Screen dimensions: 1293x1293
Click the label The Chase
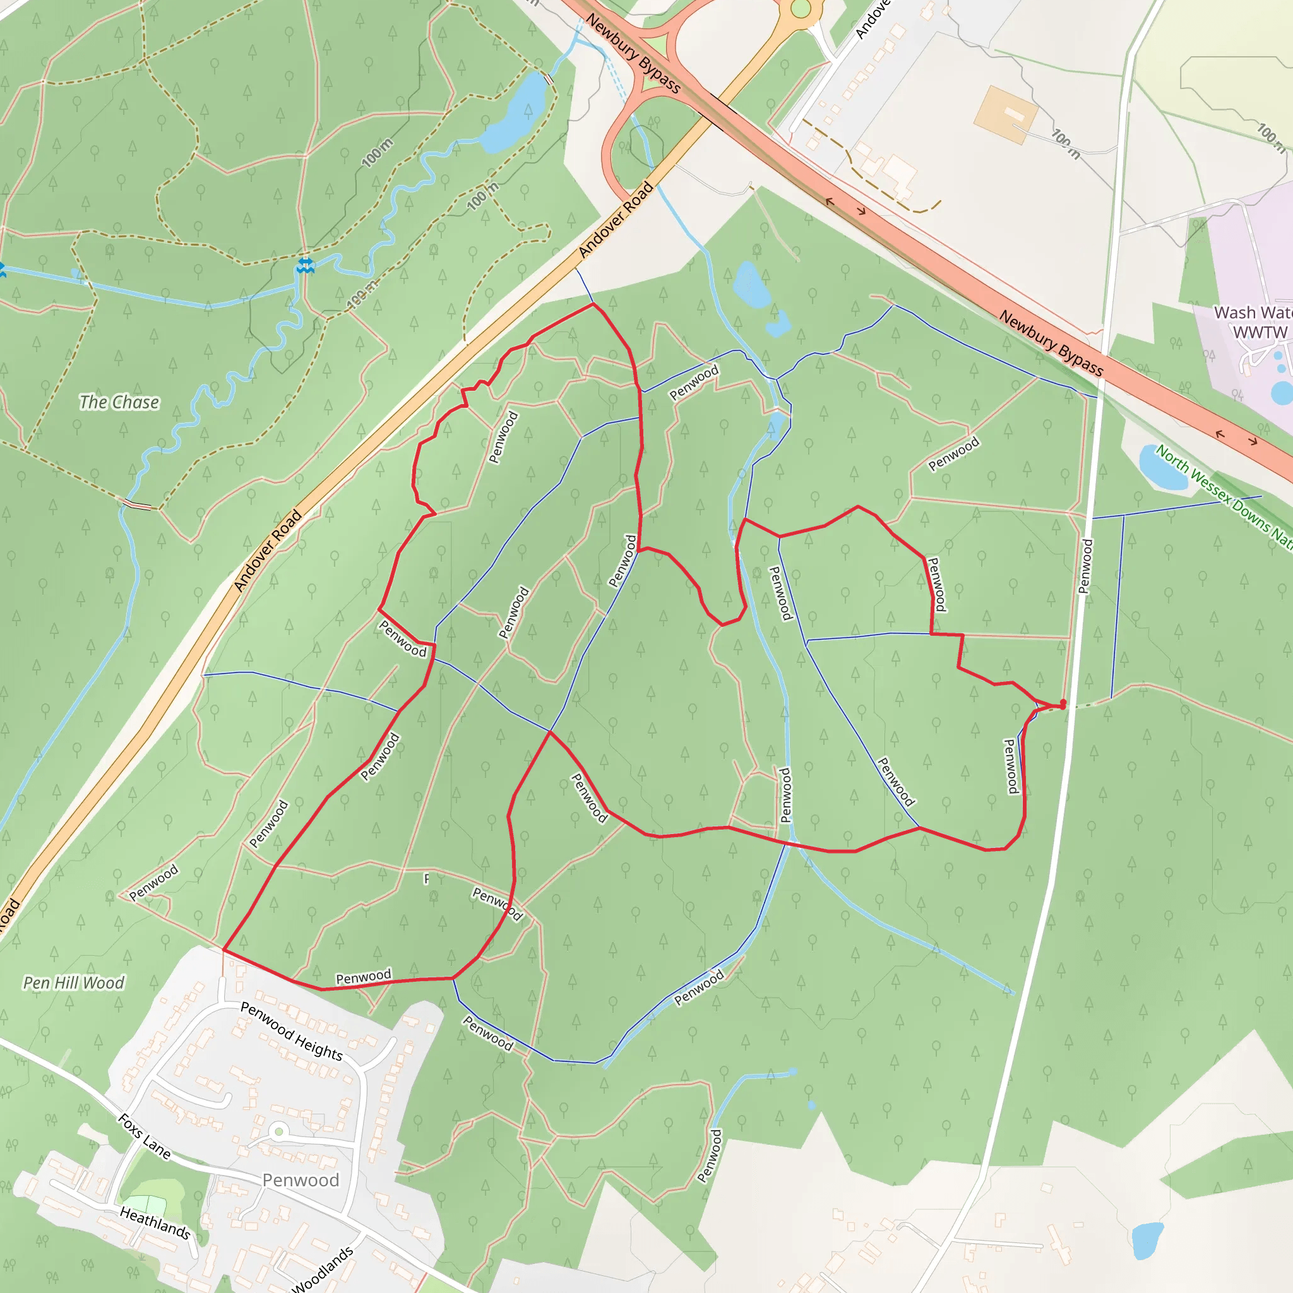pyautogui.click(x=119, y=402)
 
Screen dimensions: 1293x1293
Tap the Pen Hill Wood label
pyautogui.click(x=74, y=982)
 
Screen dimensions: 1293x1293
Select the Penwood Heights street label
pyautogui.click(x=291, y=1032)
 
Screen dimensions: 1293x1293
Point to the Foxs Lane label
pyautogui.click(x=144, y=1136)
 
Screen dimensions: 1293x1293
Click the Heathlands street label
pyautogui.click(x=155, y=1222)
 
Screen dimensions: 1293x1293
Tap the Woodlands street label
pyautogui.click(x=323, y=1270)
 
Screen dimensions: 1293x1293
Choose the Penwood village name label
pyautogui.click(x=301, y=1180)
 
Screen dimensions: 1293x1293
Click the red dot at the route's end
pyautogui.click(x=1063, y=703)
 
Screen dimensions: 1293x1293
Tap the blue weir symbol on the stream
pyautogui.click(x=305, y=266)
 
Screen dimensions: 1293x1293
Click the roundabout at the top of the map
pyautogui.click(x=801, y=9)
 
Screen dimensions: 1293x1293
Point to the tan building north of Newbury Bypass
pyautogui.click(x=1005, y=114)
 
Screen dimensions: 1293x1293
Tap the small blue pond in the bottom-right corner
pyautogui.click(x=1148, y=1239)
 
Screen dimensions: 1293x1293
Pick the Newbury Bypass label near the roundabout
pyautogui.click(x=633, y=54)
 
